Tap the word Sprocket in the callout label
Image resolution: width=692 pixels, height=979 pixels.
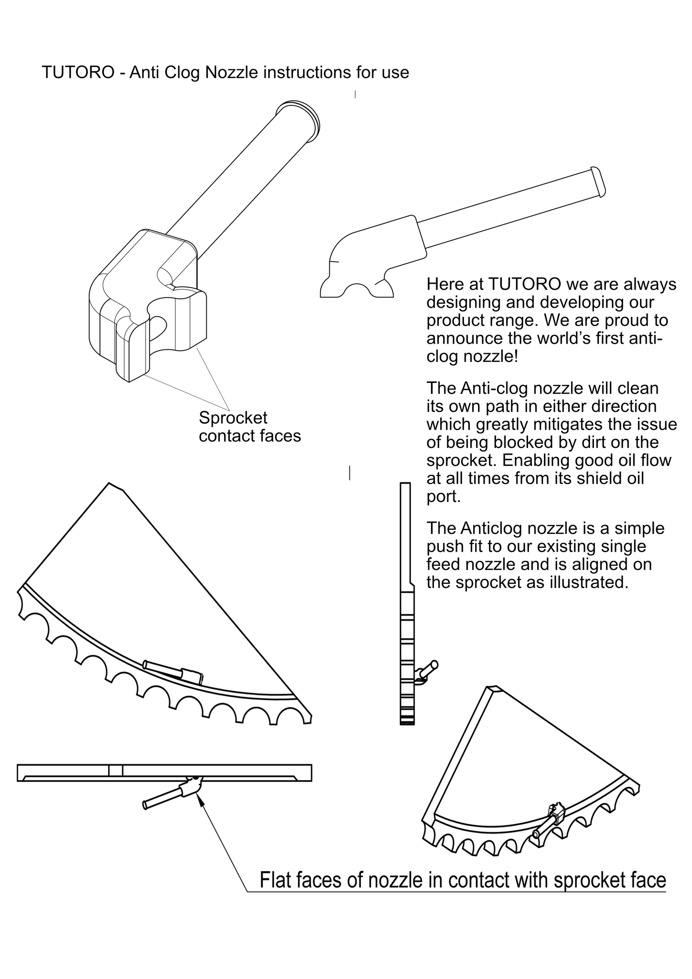233,418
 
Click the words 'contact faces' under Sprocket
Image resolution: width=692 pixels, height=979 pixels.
249,436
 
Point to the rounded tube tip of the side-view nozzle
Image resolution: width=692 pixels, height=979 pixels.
598,182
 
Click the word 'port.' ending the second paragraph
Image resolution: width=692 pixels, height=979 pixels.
443,497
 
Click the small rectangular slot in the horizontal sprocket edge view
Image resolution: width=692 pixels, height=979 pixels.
116,770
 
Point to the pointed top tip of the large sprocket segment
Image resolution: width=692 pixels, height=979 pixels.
111,484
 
